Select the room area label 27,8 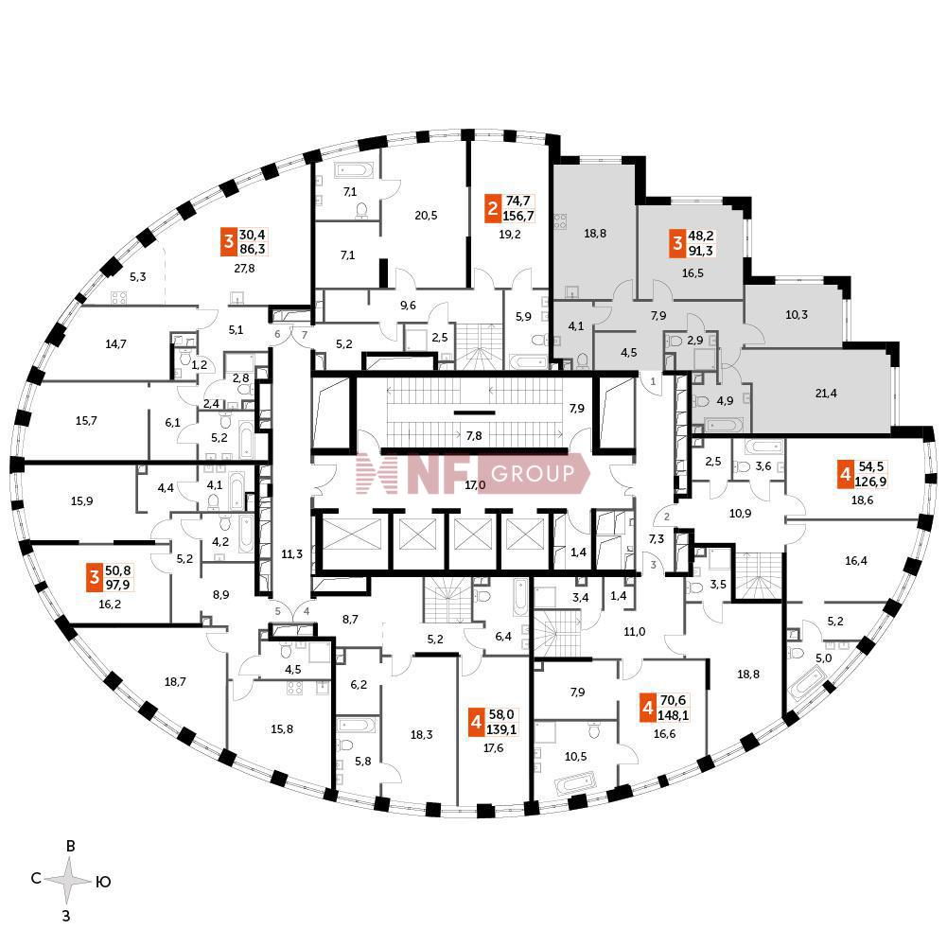click(244, 269)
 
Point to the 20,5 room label click(426, 215)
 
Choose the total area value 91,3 click(707, 251)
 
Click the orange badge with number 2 click(493, 207)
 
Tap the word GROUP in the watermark click(531, 473)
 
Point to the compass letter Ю click(104, 882)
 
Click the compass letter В click(70, 847)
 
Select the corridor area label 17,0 click(475, 485)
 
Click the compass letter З click(66, 915)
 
